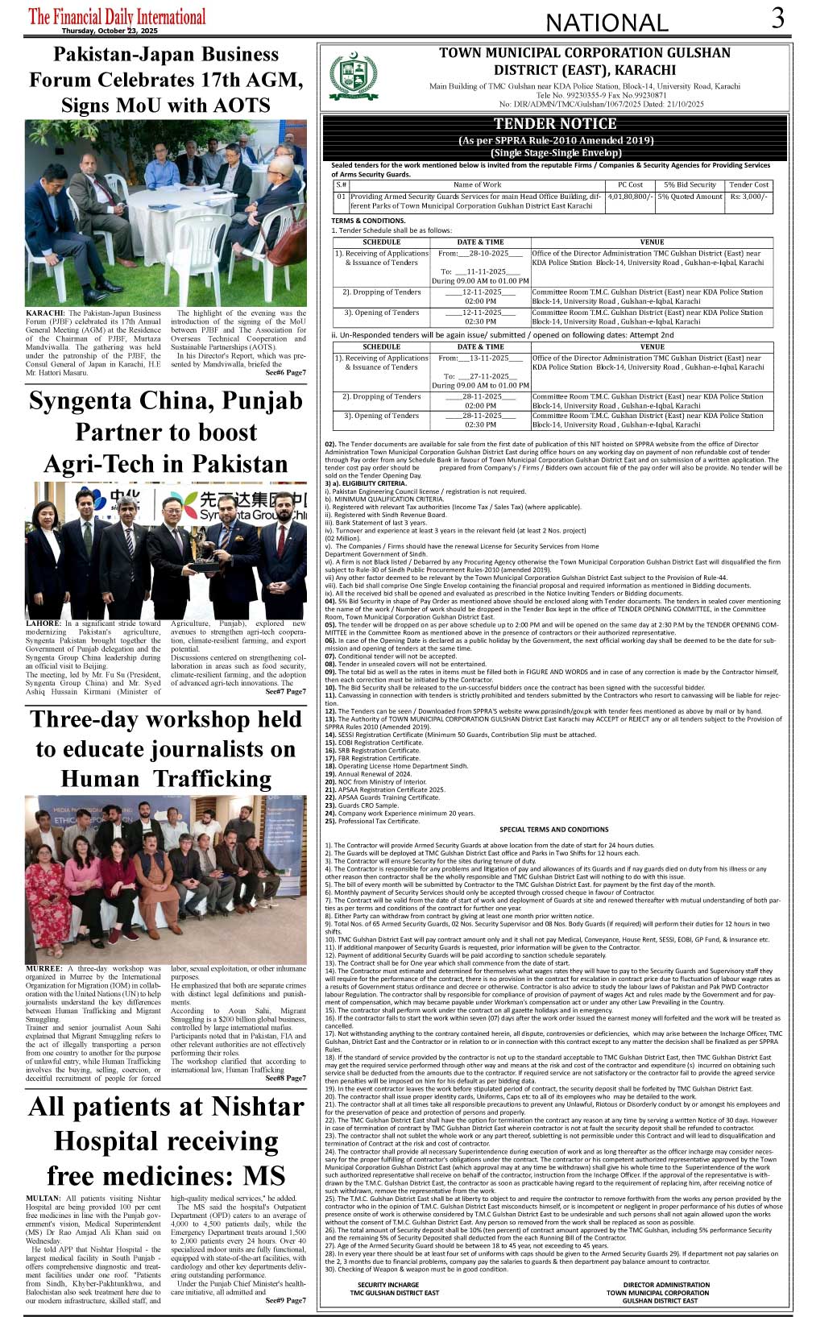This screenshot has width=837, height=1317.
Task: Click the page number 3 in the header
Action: click(x=777, y=18)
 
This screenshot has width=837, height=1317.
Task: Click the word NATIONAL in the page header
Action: click(x=607, y=23)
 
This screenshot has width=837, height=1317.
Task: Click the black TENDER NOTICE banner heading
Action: click(x=555, y=124)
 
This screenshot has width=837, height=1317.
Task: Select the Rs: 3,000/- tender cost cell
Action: click(x=749, y=197)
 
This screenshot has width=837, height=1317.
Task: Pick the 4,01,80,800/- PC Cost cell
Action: click(x=630, y=197)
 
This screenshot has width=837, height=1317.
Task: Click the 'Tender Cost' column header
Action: click(x=749, y=184)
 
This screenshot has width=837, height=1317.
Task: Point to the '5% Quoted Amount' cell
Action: click(x=690, y=197)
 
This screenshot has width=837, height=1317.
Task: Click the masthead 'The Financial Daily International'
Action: click(x=117, y=16)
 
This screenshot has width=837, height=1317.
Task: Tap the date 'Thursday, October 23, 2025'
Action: click(x=110, y=31)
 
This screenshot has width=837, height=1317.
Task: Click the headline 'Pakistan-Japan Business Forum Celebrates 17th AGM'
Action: click(x=166, y=68)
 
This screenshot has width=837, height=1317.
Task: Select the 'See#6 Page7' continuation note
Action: click(x=286, y=372)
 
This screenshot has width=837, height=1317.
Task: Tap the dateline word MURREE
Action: click(x=44, y=969)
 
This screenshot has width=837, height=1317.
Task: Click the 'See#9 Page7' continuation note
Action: click(x=286, y=1300)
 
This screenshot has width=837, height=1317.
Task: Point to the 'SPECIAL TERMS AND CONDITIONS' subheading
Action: click(x=554, y=829)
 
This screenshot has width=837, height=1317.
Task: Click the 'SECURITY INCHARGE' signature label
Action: click(x=388, y=1285)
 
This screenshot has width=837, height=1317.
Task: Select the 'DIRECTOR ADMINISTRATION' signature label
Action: click(x=666, y=1285)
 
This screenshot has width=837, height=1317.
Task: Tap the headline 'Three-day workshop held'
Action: click(x=166, y=719)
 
